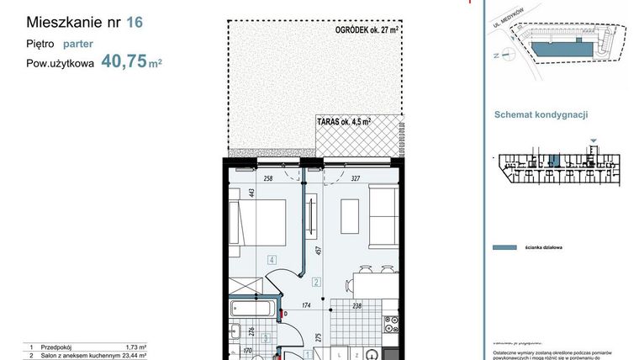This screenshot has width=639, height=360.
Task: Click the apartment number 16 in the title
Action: coord(134,23)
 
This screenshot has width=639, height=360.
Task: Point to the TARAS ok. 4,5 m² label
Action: coord(343,122)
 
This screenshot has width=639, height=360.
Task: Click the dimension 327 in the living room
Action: coord(357,178)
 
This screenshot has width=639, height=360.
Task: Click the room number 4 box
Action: coord(272,260)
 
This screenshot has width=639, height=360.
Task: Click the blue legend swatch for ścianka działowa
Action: coord(504,248)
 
